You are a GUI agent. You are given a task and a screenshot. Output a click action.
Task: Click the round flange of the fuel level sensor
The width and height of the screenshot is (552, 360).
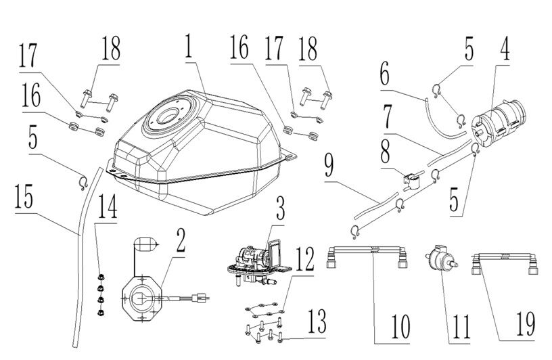pos(142,296)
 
